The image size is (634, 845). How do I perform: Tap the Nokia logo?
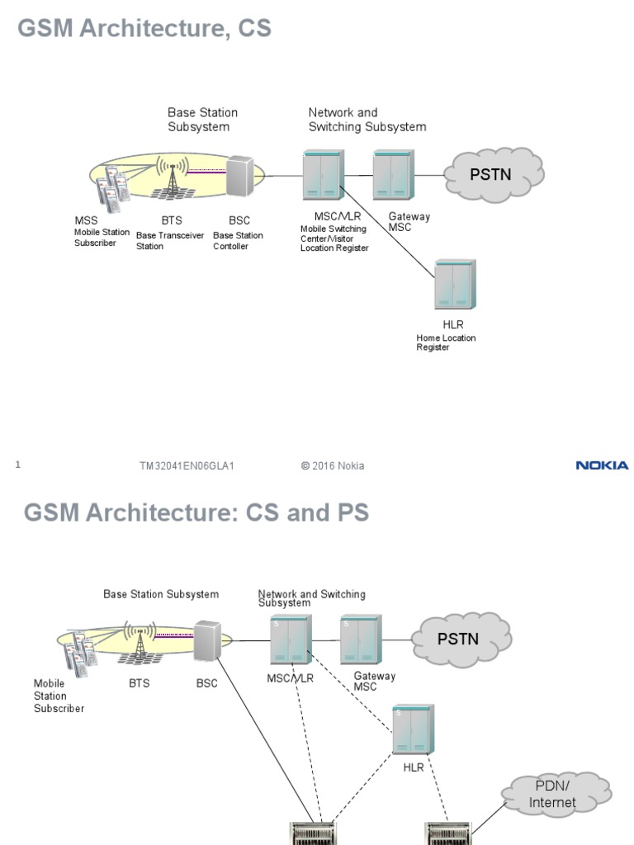[602, 465]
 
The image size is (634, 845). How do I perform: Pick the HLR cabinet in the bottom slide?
[413, 730]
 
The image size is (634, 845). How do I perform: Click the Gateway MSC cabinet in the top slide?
[393, 176]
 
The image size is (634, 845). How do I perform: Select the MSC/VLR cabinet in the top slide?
[322, 176]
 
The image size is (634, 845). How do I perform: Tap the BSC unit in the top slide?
[239, 176]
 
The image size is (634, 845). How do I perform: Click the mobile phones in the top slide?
[112, 186]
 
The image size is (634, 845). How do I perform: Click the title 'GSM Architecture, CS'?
[144, 29]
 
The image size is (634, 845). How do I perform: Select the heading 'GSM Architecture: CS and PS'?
[196, 512]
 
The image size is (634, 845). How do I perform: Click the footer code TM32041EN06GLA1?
[187, 466]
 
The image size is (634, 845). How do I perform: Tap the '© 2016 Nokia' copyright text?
[333, 466]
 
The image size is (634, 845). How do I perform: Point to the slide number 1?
[17, 465]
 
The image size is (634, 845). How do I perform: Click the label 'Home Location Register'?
[446, 342]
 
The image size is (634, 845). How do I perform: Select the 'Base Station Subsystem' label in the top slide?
[202, 120]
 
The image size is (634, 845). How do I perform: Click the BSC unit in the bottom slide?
[207, 640]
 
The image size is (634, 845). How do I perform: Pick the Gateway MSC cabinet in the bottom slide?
[360, 640]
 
